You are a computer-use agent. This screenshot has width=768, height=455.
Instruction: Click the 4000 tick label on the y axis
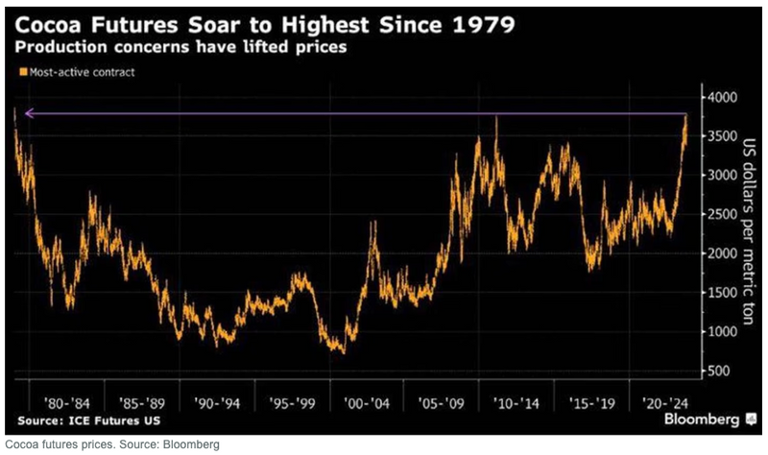click(722, 98)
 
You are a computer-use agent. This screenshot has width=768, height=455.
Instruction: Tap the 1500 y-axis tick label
click(722, 293)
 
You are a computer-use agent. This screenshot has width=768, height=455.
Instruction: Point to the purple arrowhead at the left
click(29, 113)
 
